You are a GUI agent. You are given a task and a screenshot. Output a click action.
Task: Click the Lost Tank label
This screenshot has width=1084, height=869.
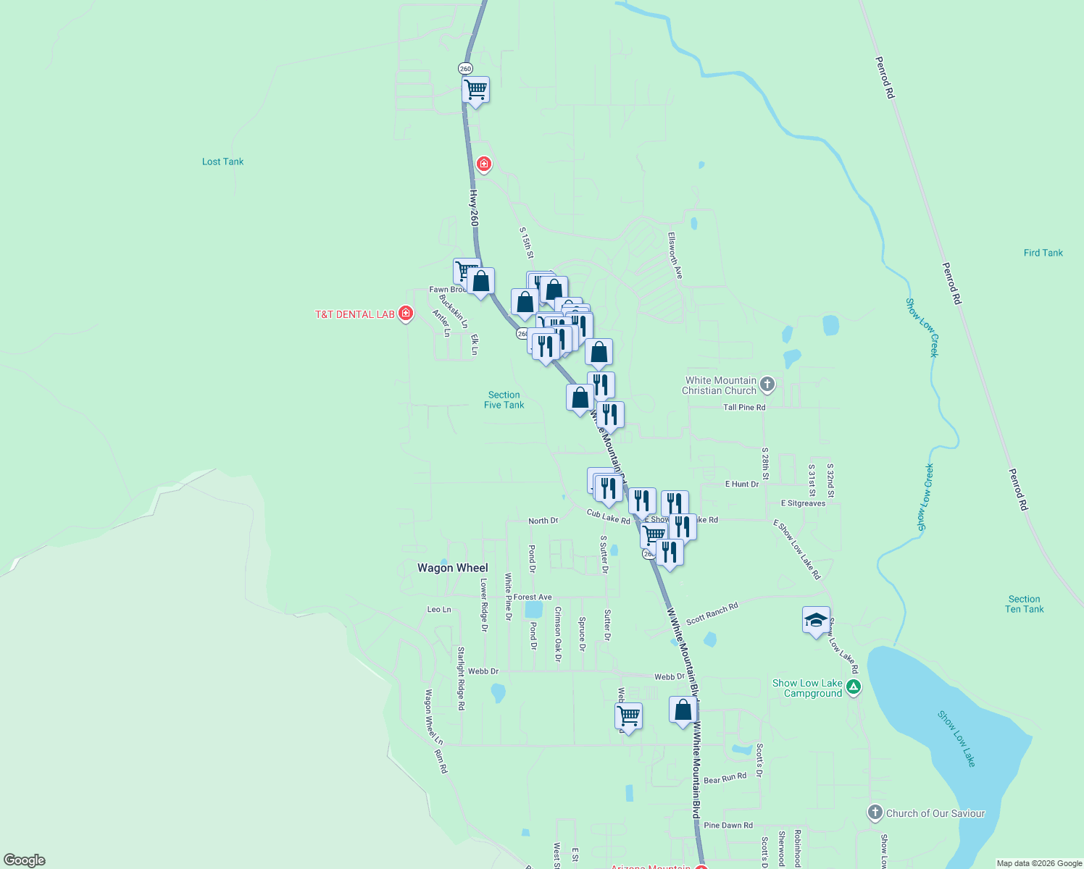click(222, 161)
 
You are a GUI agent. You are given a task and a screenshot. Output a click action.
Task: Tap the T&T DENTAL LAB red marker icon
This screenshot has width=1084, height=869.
click(406, 314)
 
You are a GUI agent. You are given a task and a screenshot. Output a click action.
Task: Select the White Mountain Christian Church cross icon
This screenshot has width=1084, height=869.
click(767, 385)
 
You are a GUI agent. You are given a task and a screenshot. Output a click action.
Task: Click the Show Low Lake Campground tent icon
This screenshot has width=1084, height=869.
click(854, 687)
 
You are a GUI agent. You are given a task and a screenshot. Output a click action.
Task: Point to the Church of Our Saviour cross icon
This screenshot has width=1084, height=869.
click(875, 813)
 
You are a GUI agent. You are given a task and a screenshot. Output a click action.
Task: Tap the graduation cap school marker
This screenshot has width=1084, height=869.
click(816, 621)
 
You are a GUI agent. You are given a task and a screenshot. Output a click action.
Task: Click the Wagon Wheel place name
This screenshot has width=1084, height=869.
click(452, 568)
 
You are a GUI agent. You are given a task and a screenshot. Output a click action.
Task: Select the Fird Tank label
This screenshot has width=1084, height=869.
click(1043, 253)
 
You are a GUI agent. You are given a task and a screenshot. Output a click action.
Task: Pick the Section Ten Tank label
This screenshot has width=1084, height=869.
click(1024, 604)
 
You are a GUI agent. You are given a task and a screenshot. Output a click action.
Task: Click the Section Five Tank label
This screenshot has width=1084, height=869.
click(504, 400)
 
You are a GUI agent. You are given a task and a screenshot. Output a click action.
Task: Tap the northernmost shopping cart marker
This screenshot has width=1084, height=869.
click(475, 91)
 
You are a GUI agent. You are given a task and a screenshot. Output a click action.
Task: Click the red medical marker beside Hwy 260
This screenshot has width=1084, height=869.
click(484, 164)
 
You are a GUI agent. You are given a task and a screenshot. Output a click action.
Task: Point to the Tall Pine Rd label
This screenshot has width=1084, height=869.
click(743, 408)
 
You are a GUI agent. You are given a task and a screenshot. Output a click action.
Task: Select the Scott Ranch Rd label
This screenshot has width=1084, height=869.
click(712, 613)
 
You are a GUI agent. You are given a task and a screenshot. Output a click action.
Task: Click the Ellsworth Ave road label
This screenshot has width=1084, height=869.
click(675, 256)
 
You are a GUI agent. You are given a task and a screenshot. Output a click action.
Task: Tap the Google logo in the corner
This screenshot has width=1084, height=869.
click(25, 860)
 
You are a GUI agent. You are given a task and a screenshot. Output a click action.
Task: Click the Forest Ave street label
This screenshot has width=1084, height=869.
click(533, 597)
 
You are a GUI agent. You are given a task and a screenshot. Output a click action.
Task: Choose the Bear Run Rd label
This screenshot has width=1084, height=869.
click(725, 778)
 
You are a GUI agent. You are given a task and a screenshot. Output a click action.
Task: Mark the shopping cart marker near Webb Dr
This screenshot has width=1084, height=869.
click(628, 716)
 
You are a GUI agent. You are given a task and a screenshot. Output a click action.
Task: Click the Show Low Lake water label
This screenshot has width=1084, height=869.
click(956, 739)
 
